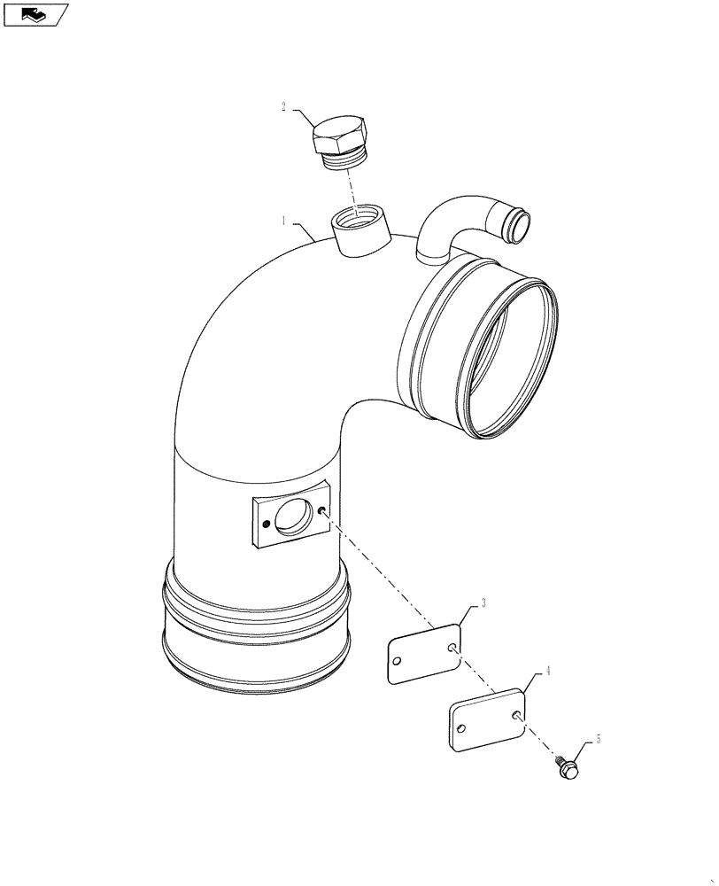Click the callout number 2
(x=284, y=108)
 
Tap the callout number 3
(x=484, y=604)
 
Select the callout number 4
(x=549, y=672)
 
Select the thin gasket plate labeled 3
(x=425, y=653)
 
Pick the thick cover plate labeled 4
(x=487, y=719)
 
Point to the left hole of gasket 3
(x=398, y=666)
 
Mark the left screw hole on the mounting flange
(x=264, y=524)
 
